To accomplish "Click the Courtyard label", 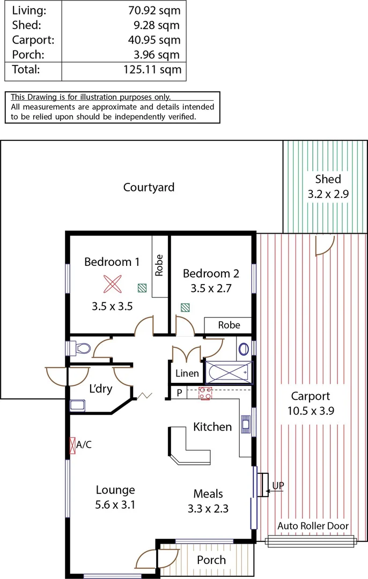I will (x=149, y=187).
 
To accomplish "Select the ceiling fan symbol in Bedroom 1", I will (x=113, y=284).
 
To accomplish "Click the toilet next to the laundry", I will (x=81, y=348).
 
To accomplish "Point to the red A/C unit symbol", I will (x=72, y=445).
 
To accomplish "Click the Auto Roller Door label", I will (x=313, y=526).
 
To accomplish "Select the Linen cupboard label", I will (x=187, y=374).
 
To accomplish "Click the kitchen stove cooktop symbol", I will (x=205, y=393).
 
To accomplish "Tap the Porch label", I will (x=211, y=560).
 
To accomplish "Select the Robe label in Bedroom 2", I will (x=229, y=325).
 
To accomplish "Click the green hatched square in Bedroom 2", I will (x=185, y=308).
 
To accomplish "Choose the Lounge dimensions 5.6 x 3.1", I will (x=115, y=504).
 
